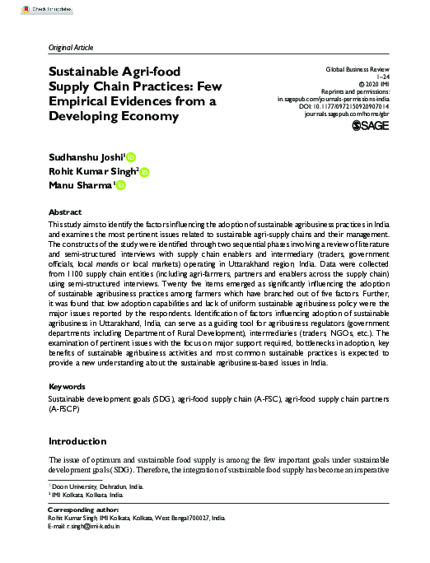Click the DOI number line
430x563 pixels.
(356, 106)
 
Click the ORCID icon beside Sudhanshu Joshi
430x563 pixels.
(131, 156)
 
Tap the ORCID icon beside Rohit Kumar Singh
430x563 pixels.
(145, 172)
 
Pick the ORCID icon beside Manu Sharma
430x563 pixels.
(120, 187)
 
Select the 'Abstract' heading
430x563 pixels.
(65, 212)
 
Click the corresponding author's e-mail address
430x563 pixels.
(95, 527)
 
